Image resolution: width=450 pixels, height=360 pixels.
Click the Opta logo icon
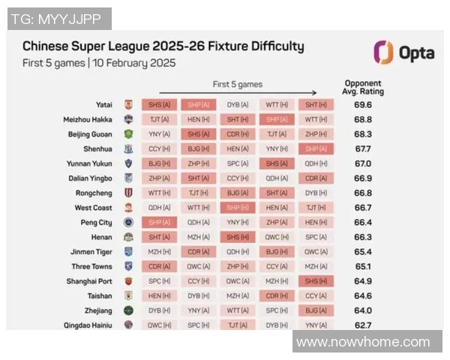point(383,52)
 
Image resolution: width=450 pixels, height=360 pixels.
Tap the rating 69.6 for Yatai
point(363,105)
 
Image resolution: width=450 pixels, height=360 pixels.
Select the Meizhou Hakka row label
point(88,119)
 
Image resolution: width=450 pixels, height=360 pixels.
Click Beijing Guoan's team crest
point(128,134)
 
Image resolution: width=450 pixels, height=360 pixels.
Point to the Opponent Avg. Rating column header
point(363,87)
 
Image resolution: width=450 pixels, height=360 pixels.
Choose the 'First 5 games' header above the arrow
point(238,84)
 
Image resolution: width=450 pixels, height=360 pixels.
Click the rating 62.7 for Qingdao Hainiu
point(363,325)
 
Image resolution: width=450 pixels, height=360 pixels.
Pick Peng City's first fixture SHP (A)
point(159,222)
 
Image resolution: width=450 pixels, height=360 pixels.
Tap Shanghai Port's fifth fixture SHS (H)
point(316,280)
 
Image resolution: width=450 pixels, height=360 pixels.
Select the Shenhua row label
point(97,148)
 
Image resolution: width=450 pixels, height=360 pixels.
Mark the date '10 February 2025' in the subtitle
point(133,63)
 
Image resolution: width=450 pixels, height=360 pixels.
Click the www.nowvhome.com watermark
point(363,342)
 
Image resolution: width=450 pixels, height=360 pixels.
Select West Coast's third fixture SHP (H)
point(238,207)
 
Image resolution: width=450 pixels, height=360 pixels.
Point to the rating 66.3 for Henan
point(363,237)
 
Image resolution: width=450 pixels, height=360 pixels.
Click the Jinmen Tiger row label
point(91,251)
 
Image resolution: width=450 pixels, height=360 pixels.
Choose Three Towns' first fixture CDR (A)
point(159,266)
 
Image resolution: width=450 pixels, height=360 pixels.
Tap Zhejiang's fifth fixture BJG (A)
point(316,310)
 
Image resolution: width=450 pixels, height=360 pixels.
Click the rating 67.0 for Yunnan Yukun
point(363,163)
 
